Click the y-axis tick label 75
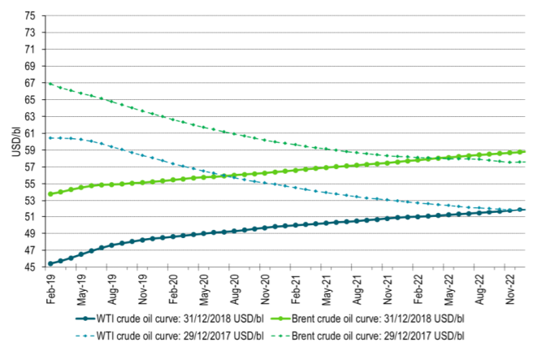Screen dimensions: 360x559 tap(29, 16)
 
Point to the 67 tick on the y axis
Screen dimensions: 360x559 tap(29, 83)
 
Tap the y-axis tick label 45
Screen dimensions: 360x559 tap(29, 267)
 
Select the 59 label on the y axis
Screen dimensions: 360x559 tap(29, 150)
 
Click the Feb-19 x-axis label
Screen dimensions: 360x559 tap(50, 290)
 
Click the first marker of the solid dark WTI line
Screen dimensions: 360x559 tap(50, 263)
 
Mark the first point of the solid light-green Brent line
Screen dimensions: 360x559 tap(50, 194)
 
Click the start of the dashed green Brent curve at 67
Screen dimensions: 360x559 tap(50, 83)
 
